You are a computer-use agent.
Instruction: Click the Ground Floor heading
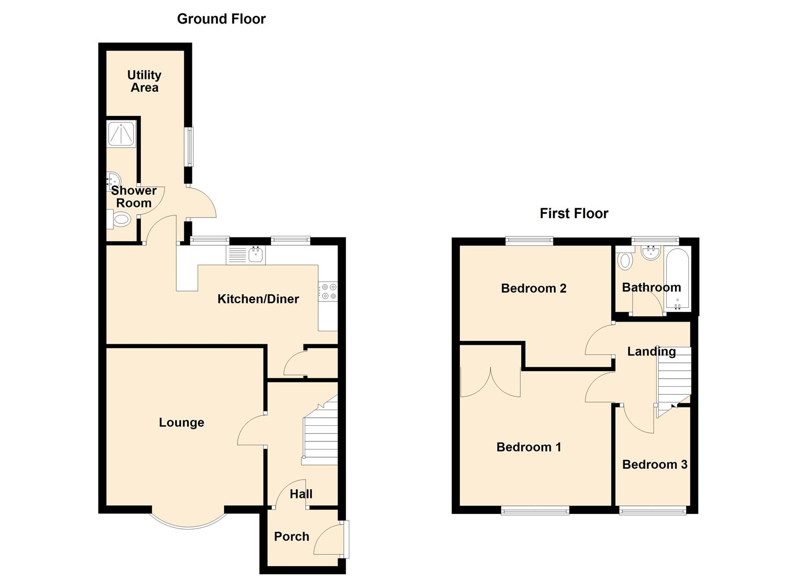221,19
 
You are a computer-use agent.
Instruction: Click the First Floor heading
573,214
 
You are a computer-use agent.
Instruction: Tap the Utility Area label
144,81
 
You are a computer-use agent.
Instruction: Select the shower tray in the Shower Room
121,133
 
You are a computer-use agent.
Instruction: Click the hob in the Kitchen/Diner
328,291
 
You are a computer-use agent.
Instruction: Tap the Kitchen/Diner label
258,299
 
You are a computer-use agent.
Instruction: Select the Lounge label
181,423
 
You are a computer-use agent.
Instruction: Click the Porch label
291,536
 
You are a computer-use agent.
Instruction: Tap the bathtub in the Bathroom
677,279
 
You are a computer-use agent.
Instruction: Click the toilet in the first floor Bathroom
624,260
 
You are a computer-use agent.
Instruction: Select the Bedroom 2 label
533,288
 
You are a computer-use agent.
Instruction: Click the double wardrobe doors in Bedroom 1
490,382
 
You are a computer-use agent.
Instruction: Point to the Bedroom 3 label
654,465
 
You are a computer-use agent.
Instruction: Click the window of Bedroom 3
652,510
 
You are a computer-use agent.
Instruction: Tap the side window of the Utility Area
189,147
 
